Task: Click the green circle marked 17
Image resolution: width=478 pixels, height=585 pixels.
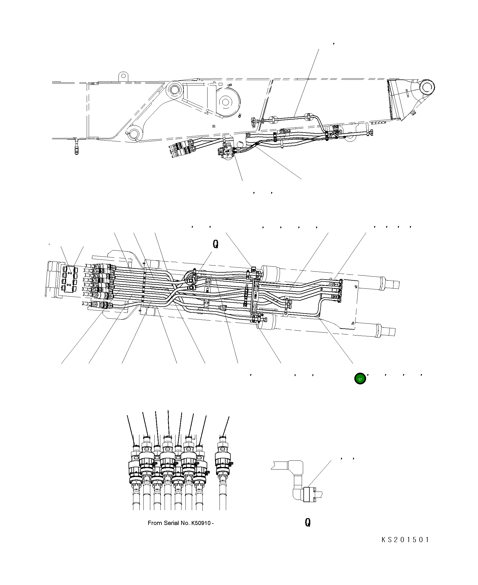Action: pyautogui.click(x=360, y=379)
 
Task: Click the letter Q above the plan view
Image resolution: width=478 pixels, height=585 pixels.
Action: pyautogui.click(x=216, y=244)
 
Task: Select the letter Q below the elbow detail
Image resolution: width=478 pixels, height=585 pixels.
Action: pyautogui.click(x=307, y=522)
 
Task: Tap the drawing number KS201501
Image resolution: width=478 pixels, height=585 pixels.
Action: pyautogui.click(x=405, y=540)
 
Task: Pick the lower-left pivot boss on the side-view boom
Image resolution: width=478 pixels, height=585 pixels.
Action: pyautogui.click(x=134, y=133)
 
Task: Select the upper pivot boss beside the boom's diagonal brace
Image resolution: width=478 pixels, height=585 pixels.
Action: pyautogui.click(x=174, y=89)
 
